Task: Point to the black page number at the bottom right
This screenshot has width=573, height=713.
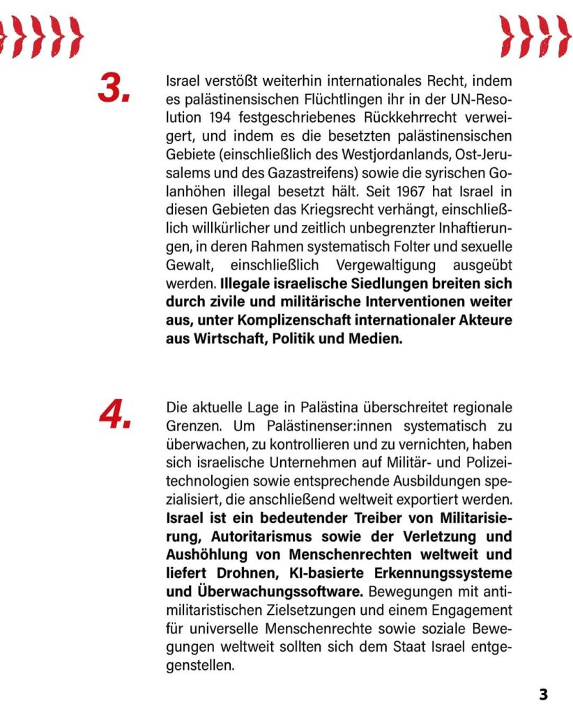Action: [x=544, y=694]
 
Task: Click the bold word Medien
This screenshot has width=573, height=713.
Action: [x=377, y=340]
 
